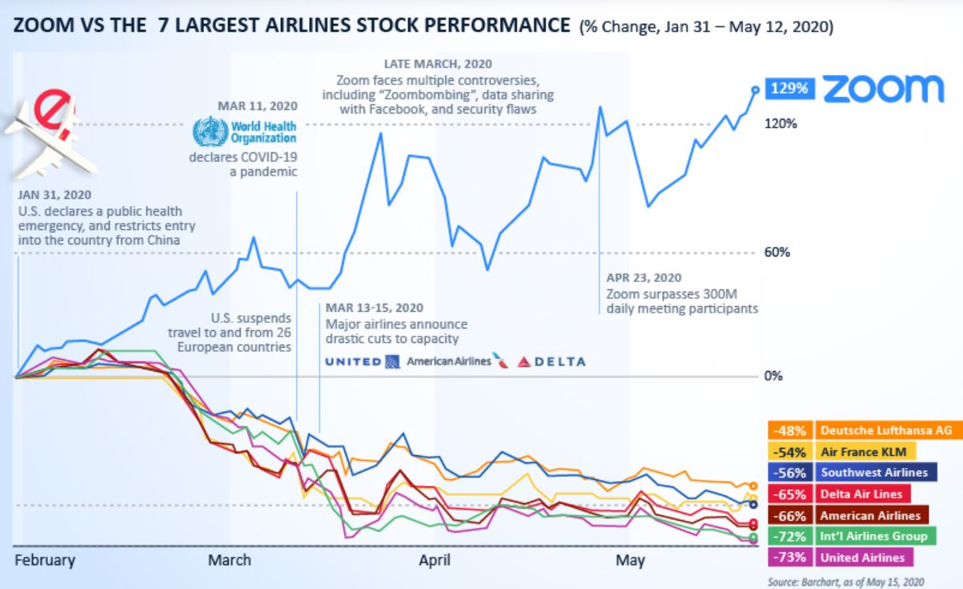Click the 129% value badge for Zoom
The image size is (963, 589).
coord(791,89)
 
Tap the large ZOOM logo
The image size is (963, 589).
coord(883,90)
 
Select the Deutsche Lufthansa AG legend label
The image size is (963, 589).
coord(886,430)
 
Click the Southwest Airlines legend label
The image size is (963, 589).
coord(873,473)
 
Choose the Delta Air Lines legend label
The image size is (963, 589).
coord(861,494)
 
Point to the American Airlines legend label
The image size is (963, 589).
coord(870,515)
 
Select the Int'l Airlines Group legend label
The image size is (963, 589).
coord(873,536)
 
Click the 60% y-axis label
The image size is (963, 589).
coord(777,252)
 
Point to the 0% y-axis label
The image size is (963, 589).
coord(773,376)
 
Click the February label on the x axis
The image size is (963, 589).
coord(45,560)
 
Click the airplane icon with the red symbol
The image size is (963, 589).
coord(48,136)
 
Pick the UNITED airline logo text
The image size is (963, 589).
coord(353,361)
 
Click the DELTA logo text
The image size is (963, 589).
coord(552,361)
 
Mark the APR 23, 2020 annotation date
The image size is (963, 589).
coord(644,278)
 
